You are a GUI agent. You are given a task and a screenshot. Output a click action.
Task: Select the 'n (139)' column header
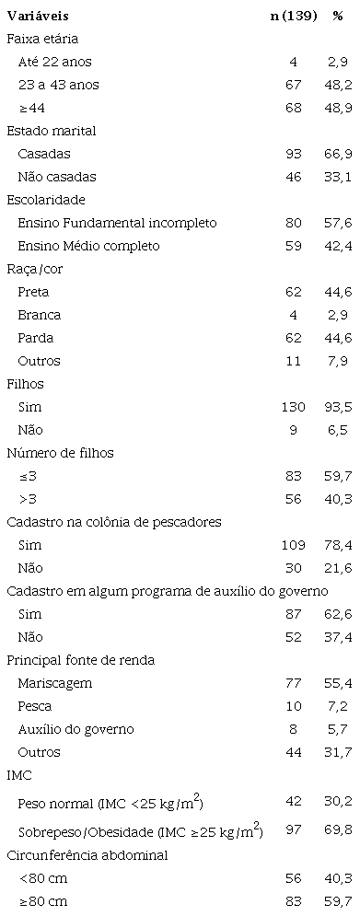[x=293, y=17]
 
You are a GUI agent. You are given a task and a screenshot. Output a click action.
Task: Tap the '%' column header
[x=338, y=17]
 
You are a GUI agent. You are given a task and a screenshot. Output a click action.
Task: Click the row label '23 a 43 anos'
[x=58, y=85]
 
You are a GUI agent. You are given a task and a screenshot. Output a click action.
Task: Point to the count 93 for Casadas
[x=294, y=154]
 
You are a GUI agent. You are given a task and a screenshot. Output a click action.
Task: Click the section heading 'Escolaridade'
[x=46, y=200]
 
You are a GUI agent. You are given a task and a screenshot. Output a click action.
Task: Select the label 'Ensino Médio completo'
[x=88, y=246]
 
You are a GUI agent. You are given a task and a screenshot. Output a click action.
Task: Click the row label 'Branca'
[x=40, y=315]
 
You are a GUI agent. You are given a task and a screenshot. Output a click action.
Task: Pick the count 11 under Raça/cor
[x=294, y=361]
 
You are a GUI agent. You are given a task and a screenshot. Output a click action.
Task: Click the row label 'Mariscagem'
[x=55, y=683]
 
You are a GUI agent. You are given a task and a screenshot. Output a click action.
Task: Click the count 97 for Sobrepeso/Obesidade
[x=294, y=832]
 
